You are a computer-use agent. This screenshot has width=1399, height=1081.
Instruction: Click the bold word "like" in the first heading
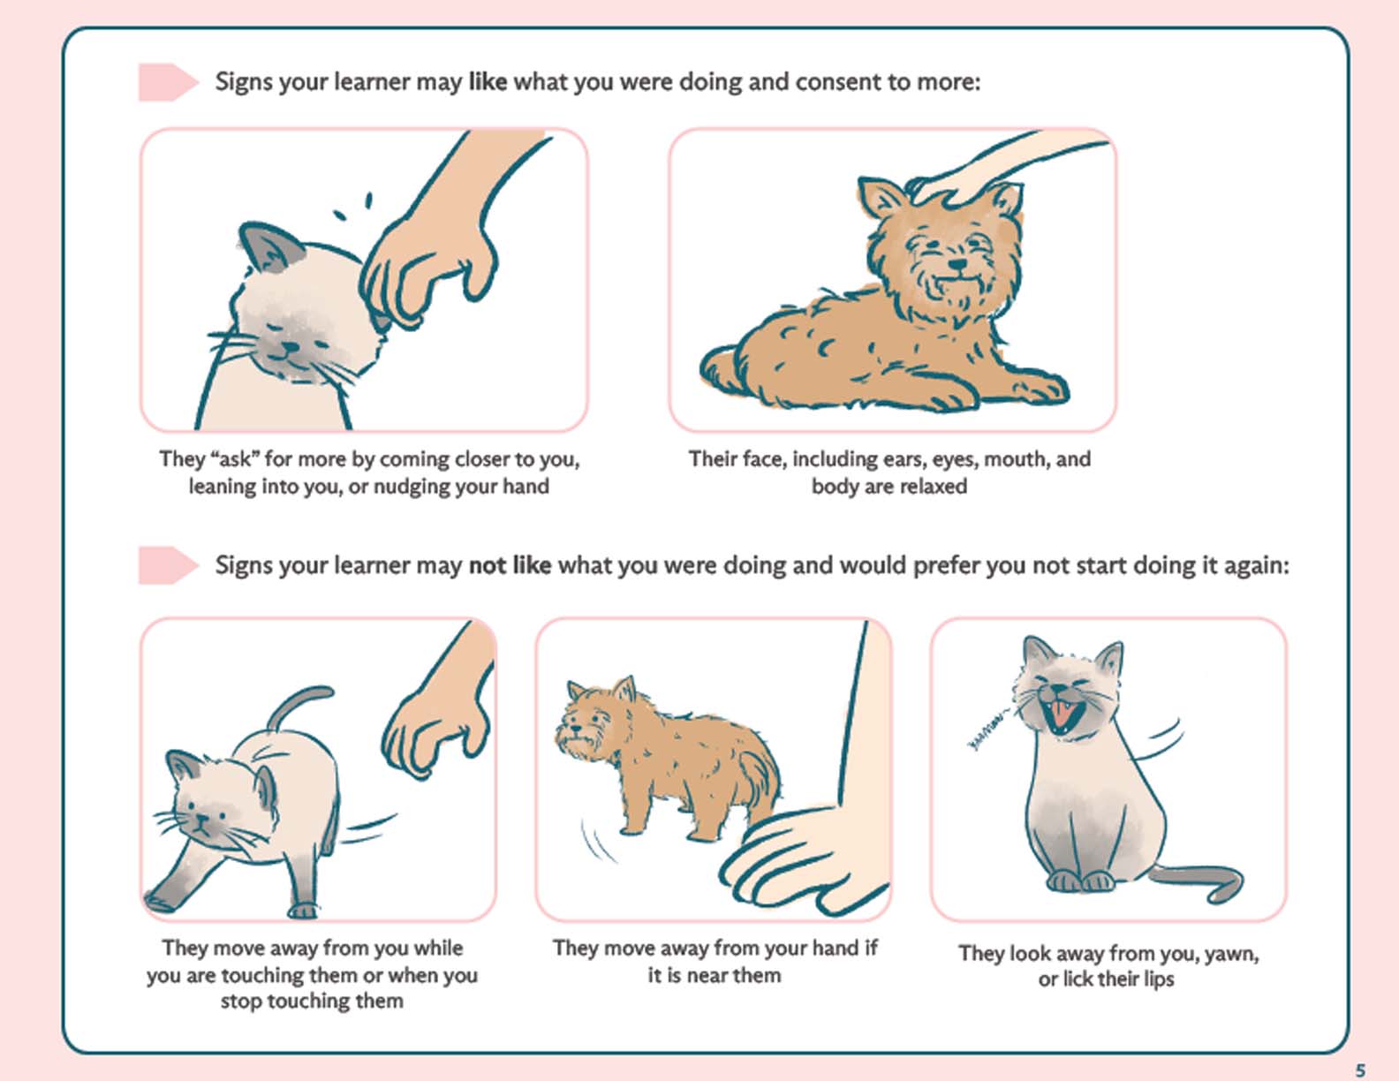(x=488, y=82)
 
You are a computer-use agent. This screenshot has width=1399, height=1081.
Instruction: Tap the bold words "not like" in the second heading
(x=510, y=565)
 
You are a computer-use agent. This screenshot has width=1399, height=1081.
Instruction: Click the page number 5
(x=1360, y=1070)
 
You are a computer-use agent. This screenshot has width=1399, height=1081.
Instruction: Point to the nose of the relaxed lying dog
(x=959, y=265)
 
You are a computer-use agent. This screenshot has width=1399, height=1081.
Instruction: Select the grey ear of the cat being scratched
(x=268, y=248)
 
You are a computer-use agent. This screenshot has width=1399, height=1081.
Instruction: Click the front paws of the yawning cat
(x=1081, y=881)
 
